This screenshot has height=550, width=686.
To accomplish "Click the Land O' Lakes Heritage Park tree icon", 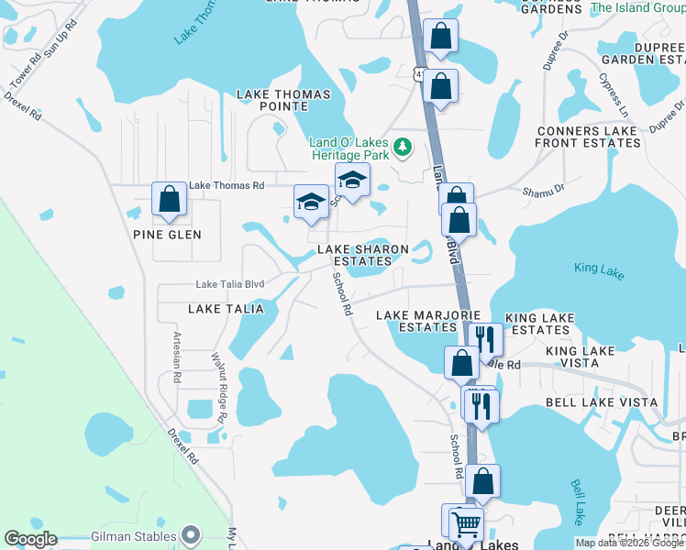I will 402,147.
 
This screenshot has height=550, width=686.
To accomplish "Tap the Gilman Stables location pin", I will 190,533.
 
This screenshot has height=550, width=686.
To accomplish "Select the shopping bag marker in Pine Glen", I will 170,199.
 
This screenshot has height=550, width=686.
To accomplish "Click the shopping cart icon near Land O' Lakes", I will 467,524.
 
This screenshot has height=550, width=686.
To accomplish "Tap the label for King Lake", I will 598,269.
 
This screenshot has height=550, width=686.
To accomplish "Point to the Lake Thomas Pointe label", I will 272,100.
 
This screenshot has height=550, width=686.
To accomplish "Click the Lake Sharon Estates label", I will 362,255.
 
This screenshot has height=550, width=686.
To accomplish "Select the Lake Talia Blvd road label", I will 230,284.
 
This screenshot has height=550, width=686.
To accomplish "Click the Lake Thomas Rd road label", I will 227,185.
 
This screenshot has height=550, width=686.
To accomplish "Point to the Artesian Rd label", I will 174,356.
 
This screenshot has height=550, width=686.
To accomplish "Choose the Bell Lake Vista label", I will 601,402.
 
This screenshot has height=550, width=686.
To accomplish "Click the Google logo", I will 30,539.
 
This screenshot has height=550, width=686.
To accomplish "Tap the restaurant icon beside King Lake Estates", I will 486,339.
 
